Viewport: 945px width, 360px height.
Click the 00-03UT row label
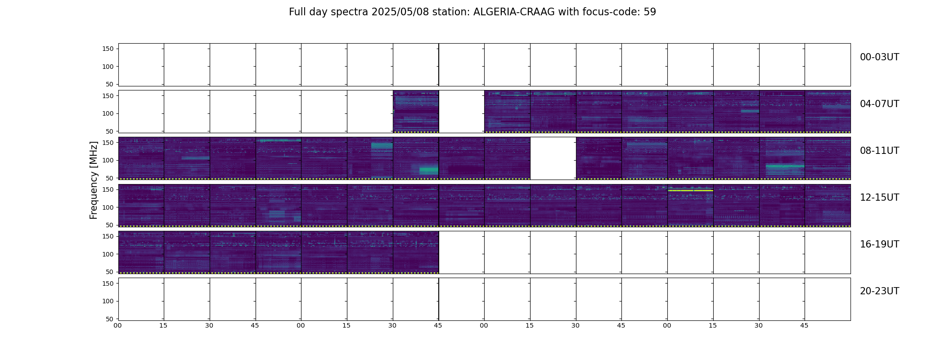click(x=879, y=57)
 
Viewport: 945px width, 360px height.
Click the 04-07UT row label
click(x=879, y=104)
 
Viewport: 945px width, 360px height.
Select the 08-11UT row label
click(x=879, y=151)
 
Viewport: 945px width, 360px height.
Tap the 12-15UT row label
click(x=879, y=198)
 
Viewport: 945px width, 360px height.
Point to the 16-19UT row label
click(x=879, y=244)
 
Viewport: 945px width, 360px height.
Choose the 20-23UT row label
click(x=879, y=291)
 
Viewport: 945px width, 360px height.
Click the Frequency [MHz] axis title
click(x=94, y=180)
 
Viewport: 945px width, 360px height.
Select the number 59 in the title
click(x=650, y=12)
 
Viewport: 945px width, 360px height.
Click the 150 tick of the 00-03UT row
click(x=108, y=49)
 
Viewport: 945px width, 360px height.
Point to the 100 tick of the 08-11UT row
click(x=108, y=160)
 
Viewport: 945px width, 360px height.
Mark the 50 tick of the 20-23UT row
click(x=110, y=319)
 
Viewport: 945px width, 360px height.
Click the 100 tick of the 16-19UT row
click(x=108, y=254)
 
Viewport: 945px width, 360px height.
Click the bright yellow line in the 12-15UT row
click(x=690, y=191)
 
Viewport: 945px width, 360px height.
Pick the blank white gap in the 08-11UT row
click(x=553, y=158)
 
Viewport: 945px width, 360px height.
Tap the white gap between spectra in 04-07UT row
click(x=461, y=112)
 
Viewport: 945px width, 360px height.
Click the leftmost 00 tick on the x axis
click(x=117, y=325)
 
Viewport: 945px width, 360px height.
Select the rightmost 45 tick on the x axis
click(x=804, y=325)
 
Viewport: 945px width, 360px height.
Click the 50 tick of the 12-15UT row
click(x=110, y=225)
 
